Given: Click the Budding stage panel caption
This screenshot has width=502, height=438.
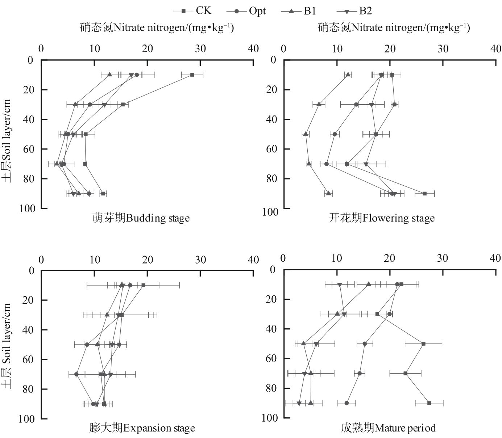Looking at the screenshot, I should pos(141,218).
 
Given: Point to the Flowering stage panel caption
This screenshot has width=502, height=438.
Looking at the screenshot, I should pos(382,218).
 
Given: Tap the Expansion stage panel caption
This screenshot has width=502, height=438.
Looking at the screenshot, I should pos(142,429).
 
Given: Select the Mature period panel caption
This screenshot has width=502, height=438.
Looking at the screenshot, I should pos(388,429).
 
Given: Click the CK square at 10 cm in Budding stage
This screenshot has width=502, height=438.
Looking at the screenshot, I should pos(192,75).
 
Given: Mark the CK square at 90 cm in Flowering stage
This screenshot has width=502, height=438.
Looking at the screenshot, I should pos(424,194).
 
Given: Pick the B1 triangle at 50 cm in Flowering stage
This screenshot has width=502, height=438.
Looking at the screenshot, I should pos(306,134).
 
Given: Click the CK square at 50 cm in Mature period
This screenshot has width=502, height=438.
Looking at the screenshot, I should pos(423,344).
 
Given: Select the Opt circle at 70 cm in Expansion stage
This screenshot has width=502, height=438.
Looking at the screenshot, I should pos(76,374).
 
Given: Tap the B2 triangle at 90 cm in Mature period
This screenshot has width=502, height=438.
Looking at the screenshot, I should pos(299,403).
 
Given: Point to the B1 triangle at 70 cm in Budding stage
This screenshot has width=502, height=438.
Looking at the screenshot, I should pos(57,164).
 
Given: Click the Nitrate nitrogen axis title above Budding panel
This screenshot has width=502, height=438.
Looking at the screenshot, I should pos(157,28).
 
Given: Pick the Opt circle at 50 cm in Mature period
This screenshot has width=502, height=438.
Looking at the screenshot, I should pos(365,344).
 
